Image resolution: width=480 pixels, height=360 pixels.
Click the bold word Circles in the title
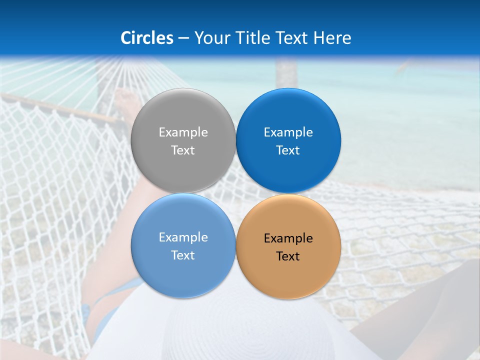pos(147,38)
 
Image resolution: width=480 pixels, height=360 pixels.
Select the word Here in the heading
pos(332,38)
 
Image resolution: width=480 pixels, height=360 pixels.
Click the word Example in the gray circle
pos(183,132)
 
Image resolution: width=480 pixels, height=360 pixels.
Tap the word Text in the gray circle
pos(183,150)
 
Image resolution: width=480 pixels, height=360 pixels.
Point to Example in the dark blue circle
pos(288,132)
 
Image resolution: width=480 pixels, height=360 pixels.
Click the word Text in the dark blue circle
pos(288,150)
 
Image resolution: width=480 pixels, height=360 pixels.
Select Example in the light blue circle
pos(183,237)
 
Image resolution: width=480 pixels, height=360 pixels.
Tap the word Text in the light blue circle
pos(183,255)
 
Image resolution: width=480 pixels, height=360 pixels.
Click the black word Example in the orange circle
pos(288,238)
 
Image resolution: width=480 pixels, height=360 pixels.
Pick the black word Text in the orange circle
pos(288,256)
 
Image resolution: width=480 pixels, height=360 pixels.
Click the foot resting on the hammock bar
pos(125,102)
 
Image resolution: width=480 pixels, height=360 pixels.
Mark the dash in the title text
pos(183,38)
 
